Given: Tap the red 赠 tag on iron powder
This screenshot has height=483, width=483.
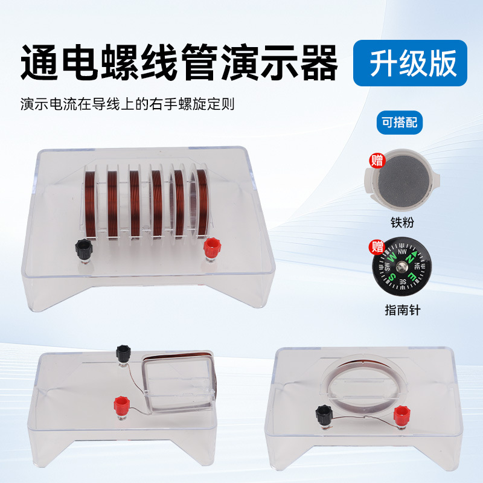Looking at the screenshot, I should (x=377, y=160).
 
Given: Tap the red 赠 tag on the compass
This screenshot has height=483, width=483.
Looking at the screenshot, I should (x=377, y=246).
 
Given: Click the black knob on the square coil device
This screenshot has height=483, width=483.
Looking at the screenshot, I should (x=124, y=352).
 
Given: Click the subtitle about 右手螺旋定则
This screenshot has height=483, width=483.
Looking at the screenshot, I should (x=127, y=104).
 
